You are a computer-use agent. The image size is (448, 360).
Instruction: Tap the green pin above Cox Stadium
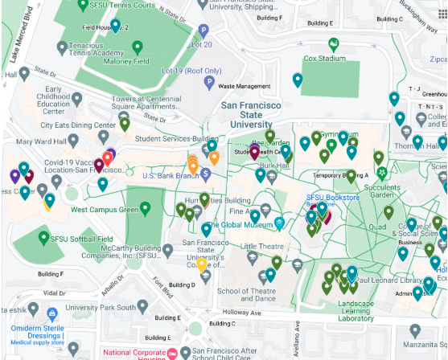pyautogui.click(x=334, y=45)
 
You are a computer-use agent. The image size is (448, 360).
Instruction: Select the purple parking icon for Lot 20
pyautogui.click(x=204, y=31)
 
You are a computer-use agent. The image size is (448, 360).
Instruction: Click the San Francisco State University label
pyautogui.click(x=251, y=114)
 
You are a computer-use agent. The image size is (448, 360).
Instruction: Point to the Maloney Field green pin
pyautogui.click(x=137, y=47)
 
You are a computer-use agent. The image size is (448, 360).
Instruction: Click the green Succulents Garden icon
pyautogui.click(x=382, y=172)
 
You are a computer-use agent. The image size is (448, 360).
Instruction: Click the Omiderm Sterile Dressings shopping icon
pyautogui.click(x=51, y=314)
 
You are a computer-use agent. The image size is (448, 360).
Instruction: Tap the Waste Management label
pyautogui.click(x=244, y=86)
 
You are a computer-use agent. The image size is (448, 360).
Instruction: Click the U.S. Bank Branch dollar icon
pyautogui.click(x=206, y=174)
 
